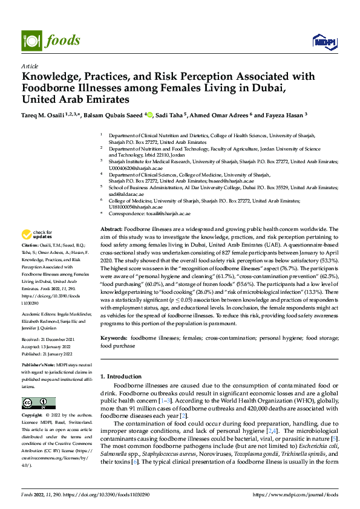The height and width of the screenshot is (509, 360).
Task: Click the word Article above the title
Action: click(x=29, y=66)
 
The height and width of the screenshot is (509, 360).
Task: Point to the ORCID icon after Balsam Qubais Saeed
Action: click(x=150, y=114)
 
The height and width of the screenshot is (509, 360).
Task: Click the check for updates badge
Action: click(x=37, y=235)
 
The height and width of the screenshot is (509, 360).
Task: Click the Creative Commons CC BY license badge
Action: click(x=39, y=403)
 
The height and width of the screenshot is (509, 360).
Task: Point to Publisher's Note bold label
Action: click(x=39, y=366)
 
